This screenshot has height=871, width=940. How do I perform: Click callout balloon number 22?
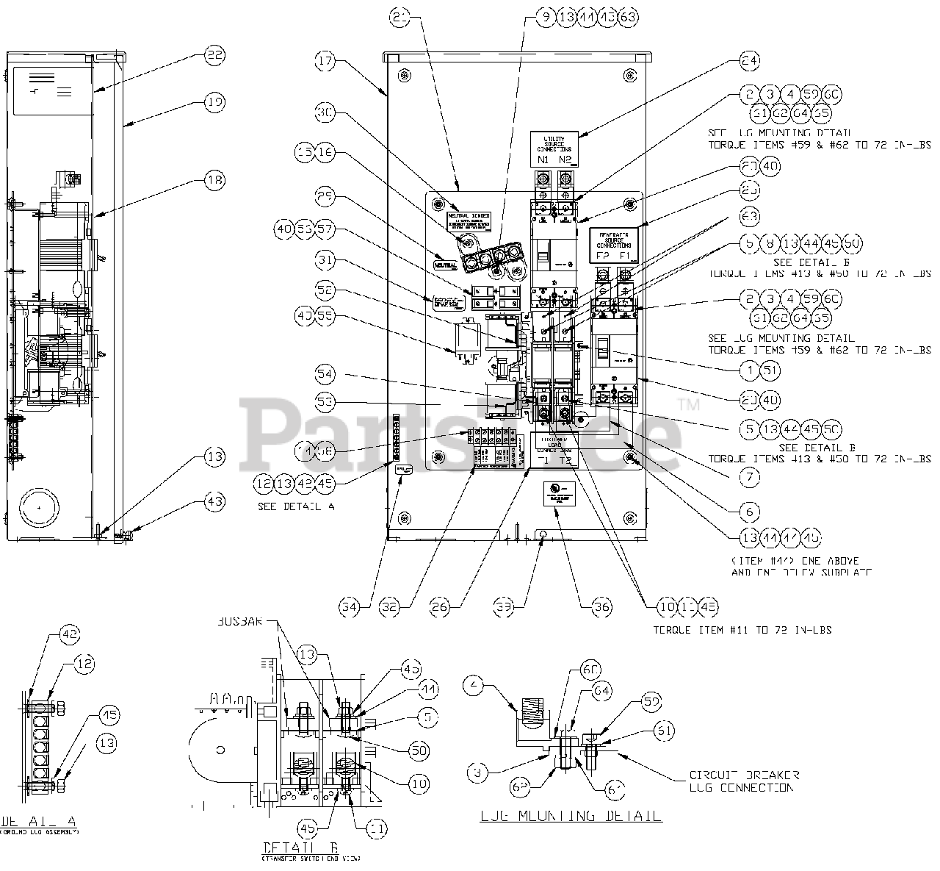tap(215, 54)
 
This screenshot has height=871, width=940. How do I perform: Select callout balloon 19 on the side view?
tap(215, 103)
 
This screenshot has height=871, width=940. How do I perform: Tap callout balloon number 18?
tap(215, 179)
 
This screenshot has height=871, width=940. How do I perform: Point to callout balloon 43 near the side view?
tap(215, 501)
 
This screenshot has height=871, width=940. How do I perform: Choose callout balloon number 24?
tap(750, 61)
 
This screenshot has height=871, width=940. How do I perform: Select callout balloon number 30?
tap(327, 112)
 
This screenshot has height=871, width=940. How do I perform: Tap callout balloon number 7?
tap(750, 476)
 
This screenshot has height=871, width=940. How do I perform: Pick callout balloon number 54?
tap(328, 375)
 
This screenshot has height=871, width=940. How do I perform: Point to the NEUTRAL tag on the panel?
tap(445, 264)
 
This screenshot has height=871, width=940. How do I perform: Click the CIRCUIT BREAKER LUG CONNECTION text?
tap(744, 781)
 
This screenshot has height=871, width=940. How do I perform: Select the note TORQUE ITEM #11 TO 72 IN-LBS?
tap(742, 630)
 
